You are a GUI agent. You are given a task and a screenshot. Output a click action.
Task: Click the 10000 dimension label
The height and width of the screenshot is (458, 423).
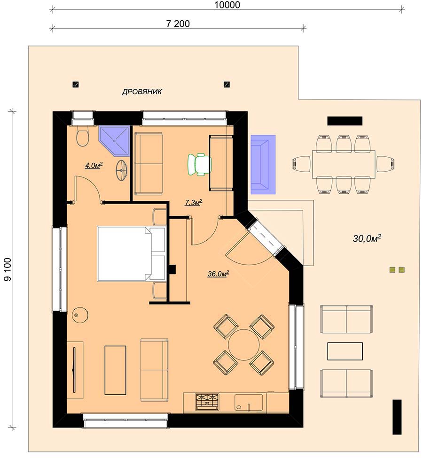click(227, 5)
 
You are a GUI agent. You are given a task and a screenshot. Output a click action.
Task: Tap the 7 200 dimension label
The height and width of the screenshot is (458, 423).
click(178, 23)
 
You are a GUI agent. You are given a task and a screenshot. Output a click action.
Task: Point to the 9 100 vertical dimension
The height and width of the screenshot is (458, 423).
click(8, 269)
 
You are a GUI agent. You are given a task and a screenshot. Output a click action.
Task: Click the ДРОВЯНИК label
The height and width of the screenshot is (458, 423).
click(142, 92)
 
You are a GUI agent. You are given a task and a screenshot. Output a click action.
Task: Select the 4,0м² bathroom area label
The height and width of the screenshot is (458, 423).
click(94, 166)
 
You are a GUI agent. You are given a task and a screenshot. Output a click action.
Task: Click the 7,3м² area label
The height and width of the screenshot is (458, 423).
click(194, 202)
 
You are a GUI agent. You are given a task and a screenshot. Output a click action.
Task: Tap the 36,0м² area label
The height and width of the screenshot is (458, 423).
click(218, 274)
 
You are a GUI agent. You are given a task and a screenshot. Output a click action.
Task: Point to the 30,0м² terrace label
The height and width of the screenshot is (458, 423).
click(367, 238)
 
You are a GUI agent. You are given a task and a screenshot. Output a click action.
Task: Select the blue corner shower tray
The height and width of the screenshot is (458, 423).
click(114, 140)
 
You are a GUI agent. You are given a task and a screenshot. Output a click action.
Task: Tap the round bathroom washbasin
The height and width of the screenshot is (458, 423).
click(122, 170)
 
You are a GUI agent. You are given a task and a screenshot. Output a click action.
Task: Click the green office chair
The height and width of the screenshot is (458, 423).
click(199, 165)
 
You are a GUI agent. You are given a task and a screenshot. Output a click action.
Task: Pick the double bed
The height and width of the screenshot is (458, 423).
click(132, 254)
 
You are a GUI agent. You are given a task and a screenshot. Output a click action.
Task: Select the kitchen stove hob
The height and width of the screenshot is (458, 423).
click(207, 401)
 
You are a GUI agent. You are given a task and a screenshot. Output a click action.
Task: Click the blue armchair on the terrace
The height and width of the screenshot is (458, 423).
click(263, 164)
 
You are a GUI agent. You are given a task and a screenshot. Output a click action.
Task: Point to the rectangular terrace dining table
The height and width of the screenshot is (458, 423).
click(344, 164)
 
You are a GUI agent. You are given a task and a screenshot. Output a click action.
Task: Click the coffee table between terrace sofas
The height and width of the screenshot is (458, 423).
click(345, 351)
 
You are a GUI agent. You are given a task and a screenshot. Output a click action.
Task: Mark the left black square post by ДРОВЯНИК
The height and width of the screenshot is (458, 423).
click(76, 84)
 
